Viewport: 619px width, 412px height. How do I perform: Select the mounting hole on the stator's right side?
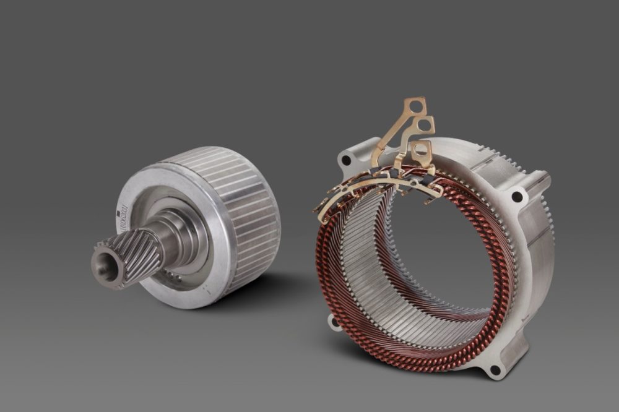coord(517,197)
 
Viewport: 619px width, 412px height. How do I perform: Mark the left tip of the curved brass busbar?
coord(321,217)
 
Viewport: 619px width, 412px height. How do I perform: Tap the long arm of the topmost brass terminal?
coord(390,130)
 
